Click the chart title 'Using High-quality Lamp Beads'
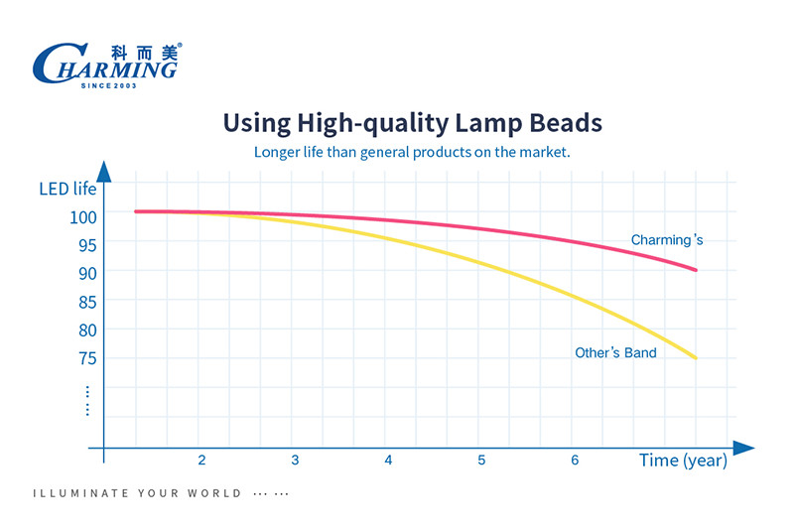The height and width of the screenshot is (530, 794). (x=412, y=123)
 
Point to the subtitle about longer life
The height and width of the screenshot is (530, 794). (x=412, y=152)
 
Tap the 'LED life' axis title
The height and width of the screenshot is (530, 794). (x=67, y=189)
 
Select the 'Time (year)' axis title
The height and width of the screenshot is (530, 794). (x=683, y=461)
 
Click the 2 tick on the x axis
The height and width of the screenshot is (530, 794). (x=201, y=461)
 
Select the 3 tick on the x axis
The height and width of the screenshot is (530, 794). (x=295, y=461)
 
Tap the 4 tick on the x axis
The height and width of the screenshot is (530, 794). (x=388, y=461)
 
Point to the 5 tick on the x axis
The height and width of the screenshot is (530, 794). (x=481, y=461)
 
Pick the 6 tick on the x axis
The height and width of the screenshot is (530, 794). (x=575, y=461)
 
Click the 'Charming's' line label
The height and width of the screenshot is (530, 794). (x=667, y=240)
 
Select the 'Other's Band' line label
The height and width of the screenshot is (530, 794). (x=615, y=352)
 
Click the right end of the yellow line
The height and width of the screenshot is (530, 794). (x=695, y=357)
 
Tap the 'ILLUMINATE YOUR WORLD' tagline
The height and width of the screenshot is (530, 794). (x=137, y=493)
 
